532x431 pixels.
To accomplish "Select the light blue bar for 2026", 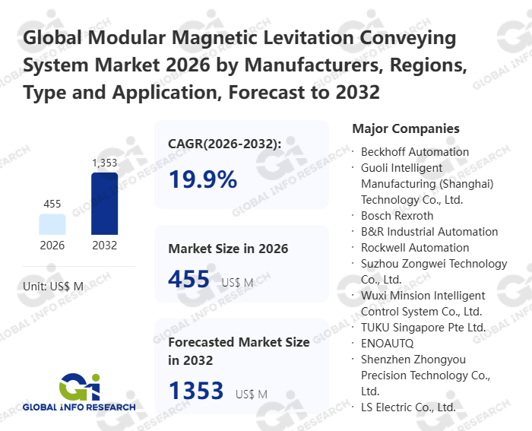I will [x=52, y=224].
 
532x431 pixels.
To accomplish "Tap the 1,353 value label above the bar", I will [x=105, y=163].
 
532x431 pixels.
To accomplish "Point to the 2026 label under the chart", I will [x=52, y=246].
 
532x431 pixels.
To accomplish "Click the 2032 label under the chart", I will [x=105, y=246].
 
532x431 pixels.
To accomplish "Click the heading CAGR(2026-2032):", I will [x=225, y=143].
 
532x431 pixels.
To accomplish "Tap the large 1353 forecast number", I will [x=196, y=391].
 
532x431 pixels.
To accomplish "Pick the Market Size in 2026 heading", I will [x=228, y=249].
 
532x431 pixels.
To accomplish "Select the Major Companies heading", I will [x=406, y=128].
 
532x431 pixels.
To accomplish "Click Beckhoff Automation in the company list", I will [x=415, y=152].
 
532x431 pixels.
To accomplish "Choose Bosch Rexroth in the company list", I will [x=397, y=216].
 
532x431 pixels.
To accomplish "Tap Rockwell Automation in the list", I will [x=415, y=248].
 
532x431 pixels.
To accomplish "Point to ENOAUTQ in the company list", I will [x=388, y=344].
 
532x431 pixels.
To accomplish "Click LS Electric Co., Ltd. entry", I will [x=408, y=407].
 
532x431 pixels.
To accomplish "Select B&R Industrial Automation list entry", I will [x=429, y=232].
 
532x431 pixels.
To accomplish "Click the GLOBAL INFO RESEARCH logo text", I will [x=79, y=407].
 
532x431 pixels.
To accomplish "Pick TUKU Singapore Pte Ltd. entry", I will [x=423, y=328].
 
